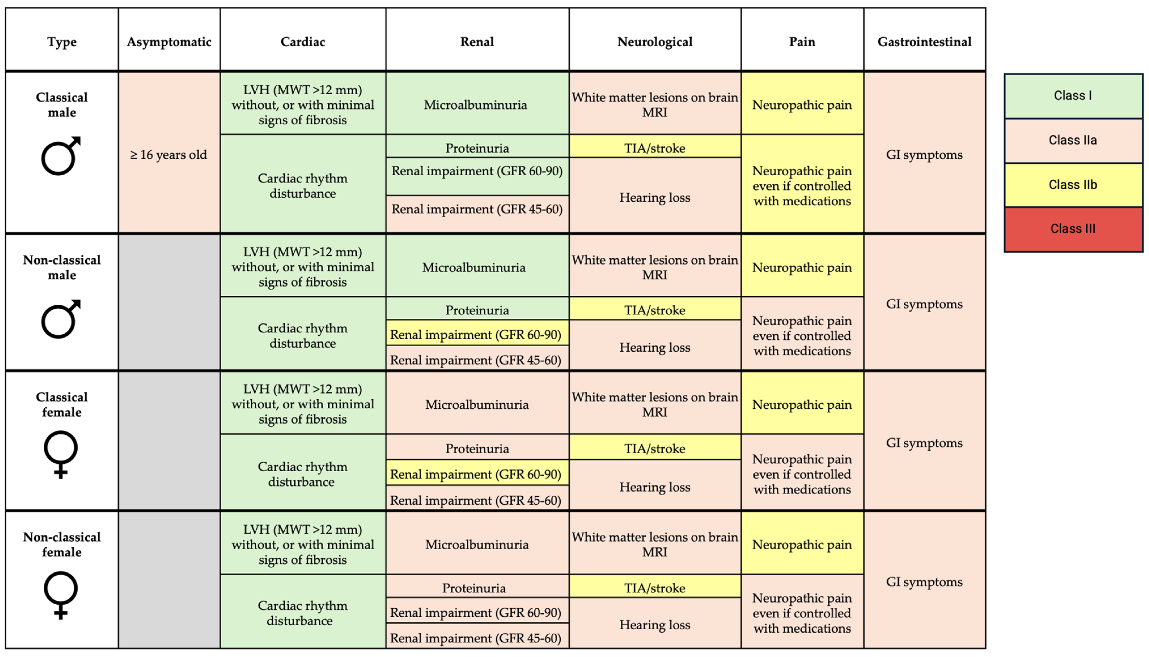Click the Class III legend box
[x=1073, y=229]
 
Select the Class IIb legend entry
[x=1073, y=185]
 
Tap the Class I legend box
[x=1073, y=96]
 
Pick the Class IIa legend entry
[x=1073, y=140]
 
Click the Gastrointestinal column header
[x=924, y=42]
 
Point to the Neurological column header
[x=655, y=42]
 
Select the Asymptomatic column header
[x=169, y=42]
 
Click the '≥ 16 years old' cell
[x=169, y=155]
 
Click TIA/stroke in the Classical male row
[x=655, y=148]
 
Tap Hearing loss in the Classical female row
[x=655, y=487]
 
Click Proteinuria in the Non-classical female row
[x=474, y=588]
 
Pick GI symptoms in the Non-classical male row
[x=924, y=304]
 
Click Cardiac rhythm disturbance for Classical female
[x=302, y=474]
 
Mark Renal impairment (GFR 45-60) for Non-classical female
[x=476, y=638]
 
